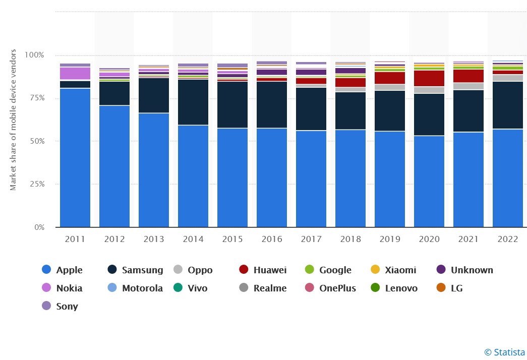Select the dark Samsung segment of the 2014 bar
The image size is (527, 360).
point(193,102)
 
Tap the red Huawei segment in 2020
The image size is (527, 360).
point(429,78)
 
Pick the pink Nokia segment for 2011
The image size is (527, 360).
point(75,73)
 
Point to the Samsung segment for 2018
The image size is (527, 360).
point(350,110)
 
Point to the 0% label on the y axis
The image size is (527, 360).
point(39,227)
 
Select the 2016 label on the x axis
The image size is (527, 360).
point(272,239)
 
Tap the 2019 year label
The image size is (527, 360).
point(390,239)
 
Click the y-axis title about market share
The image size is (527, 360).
point(14,120)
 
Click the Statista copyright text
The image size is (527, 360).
point(504,352)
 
